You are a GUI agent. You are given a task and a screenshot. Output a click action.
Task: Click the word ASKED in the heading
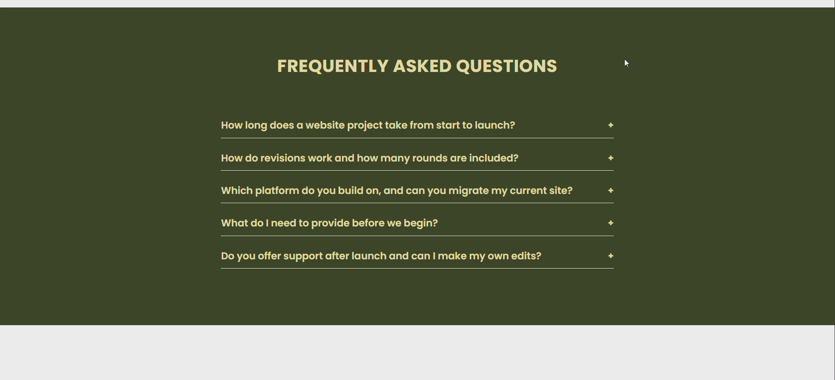[x=422, y=66]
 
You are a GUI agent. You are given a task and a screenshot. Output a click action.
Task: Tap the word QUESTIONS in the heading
[x=507, y=66]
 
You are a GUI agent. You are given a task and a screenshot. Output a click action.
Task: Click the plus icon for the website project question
[x=611, y=125]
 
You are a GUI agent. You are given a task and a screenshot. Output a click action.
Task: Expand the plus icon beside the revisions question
[x=611, y=158]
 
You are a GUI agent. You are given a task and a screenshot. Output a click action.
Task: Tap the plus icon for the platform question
[x=611, y=190]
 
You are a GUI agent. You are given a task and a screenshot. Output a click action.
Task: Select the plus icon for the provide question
[x=611, y=223]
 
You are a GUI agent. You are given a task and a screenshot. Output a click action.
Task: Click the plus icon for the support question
[x=611, y=256]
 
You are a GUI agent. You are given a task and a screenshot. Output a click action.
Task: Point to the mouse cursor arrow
[x=626, y=63]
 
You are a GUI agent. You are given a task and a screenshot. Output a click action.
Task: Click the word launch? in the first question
[x=495, y=125]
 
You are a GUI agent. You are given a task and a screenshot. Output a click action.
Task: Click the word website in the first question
[x=325, y=125]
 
